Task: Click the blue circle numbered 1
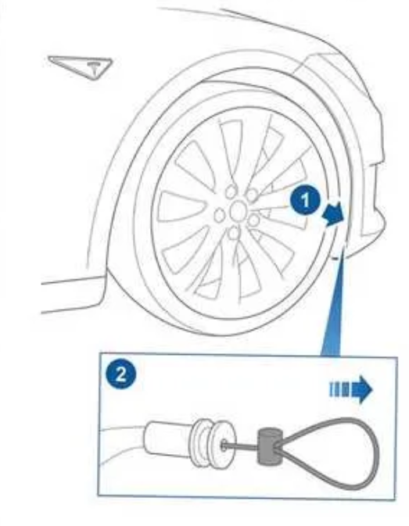point(305,201)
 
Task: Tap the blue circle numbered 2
point(121,374)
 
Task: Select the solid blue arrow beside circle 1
point(334,215)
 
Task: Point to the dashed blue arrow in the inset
point(351,389)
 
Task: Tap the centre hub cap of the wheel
point(239,210)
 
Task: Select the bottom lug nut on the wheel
point(234,232)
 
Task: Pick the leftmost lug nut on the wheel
point(220,215)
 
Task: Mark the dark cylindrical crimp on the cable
point(268,447)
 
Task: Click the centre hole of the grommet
point(224,445)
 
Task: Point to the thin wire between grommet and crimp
point(242,447)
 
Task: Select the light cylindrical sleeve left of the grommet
point(168,440)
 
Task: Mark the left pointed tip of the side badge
point(49,58)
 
